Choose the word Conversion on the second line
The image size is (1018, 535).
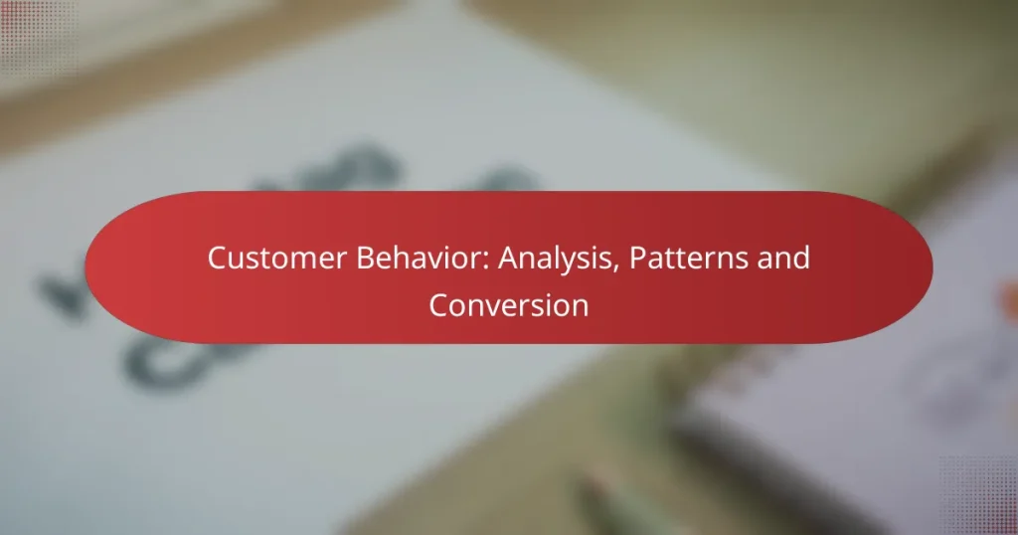pos(508,305)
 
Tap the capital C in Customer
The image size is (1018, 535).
pos(216,260)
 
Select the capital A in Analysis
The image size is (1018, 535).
pos(507,260)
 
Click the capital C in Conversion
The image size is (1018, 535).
pos(437,305)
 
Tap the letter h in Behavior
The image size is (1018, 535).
pos(387,260)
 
